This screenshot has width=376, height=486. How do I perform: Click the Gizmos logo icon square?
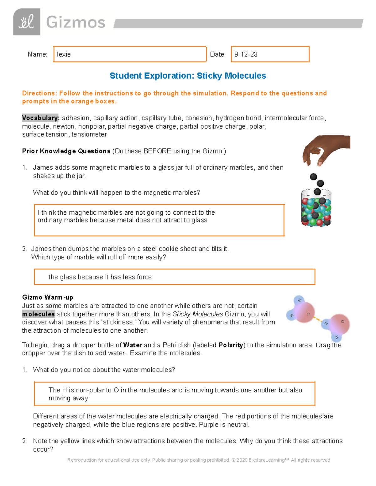tap(27, 22)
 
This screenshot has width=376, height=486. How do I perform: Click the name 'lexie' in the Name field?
tap(64, 54)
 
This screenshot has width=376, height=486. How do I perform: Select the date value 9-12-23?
tap(246, 54)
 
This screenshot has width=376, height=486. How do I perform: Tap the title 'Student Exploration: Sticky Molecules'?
tap(188, 76)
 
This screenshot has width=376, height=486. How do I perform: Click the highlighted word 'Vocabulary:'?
tap(40, 118)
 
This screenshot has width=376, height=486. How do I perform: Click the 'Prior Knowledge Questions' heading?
tap(66, 151)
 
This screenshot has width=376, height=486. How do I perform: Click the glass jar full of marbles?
tap(316, 208)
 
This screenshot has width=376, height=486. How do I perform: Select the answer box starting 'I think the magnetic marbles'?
tap(159, 220)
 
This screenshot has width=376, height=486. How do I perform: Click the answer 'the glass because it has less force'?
tap(100, 277)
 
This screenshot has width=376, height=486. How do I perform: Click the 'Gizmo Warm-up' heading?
tap(48, 297)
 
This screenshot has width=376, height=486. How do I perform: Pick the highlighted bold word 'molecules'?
tap(39, 314)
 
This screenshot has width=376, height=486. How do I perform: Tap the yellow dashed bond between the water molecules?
tap(317, 319)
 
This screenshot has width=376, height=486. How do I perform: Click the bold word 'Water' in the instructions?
tap(133, 345)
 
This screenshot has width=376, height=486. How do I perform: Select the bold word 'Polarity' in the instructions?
tap(231, 345)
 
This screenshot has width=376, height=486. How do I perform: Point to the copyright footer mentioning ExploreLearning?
tap(199, 460)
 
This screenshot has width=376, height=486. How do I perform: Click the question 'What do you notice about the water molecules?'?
tap(104, 370)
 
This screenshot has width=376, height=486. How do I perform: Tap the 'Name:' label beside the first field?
tap(37, 54)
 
